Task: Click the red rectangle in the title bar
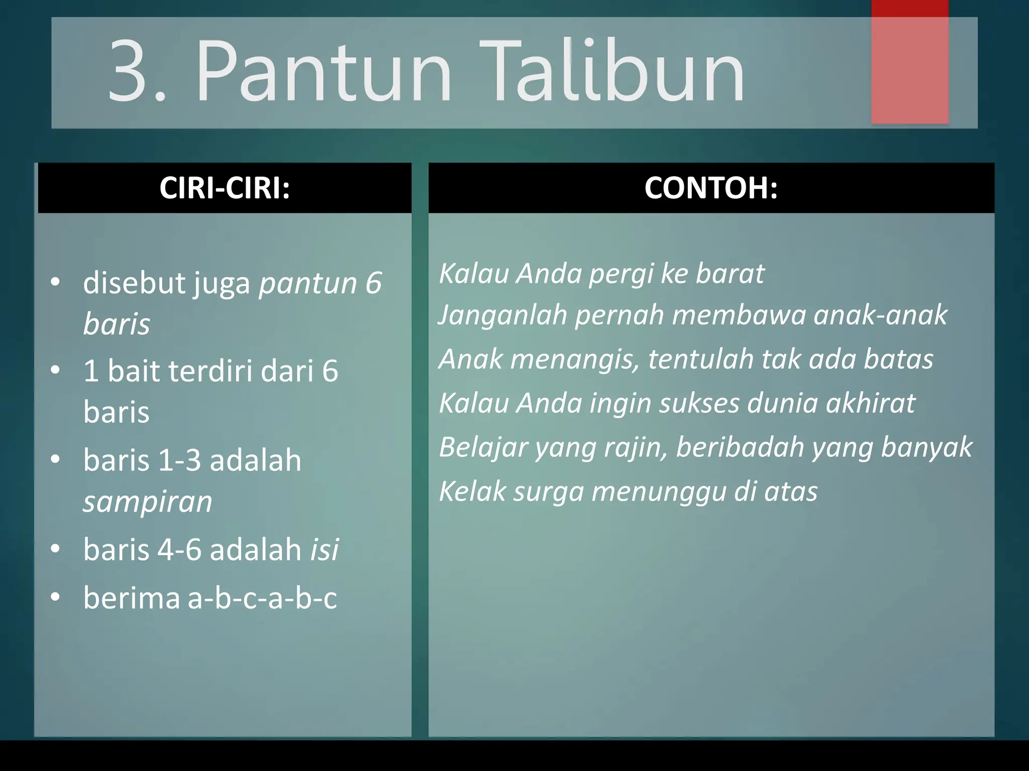(909, 63)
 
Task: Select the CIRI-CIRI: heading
(225, 188)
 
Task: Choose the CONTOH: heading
(711, 188)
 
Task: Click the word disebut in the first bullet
(134, 283)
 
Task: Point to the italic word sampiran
(148, 501)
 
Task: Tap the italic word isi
(325, 549)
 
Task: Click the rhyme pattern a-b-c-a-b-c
(262, 598)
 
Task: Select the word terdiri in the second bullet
(211, 371)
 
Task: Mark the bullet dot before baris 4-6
(55, 549)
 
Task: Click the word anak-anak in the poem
(880, 315)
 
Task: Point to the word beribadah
(740, 447)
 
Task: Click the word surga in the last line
(548, 491)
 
